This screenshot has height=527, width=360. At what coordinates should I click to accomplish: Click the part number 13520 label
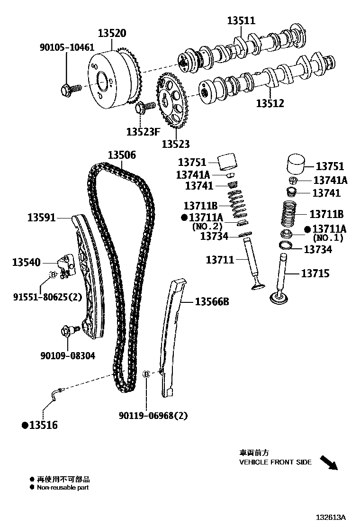click(112, 34)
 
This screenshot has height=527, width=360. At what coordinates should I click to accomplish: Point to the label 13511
click(241, 20)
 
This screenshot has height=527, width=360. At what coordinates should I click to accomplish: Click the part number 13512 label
click(270, 103)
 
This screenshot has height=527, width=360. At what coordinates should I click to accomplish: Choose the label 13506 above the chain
click(121, 155)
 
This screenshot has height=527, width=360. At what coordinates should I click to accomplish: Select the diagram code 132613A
click(332, 517)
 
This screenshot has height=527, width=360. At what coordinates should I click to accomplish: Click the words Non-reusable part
click(63, 487)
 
